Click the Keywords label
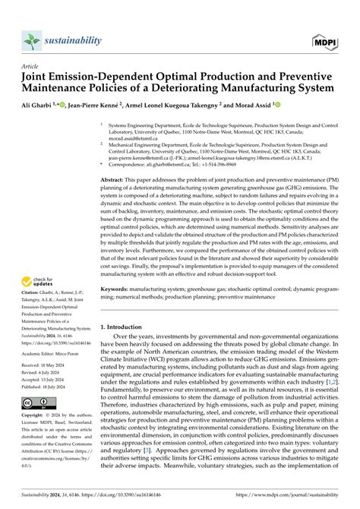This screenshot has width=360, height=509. [x=121, y=310]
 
